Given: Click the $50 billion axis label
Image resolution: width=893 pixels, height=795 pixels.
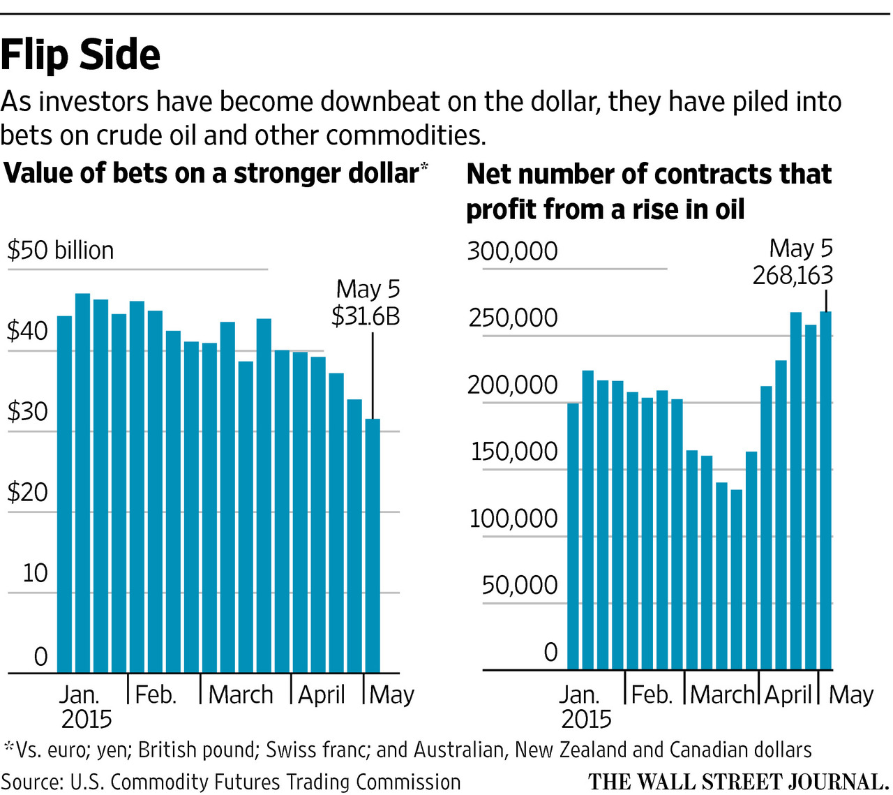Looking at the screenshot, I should coord(60,250).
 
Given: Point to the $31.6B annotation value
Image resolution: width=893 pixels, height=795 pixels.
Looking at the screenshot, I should coord(366,316).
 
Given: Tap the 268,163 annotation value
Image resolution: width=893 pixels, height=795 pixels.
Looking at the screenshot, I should coord(793,276).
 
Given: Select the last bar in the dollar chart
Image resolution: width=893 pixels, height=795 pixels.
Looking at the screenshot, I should coord(373,544).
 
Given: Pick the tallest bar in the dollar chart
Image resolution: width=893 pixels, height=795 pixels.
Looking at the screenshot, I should coord(82,482).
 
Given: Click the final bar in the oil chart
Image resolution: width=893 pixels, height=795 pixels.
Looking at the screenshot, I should coord(826,489).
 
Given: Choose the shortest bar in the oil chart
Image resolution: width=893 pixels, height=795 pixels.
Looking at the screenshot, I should coord(736,579).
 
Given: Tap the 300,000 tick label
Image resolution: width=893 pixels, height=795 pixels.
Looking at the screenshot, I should coord(513,251).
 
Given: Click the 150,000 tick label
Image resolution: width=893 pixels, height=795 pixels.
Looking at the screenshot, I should coord(514,452).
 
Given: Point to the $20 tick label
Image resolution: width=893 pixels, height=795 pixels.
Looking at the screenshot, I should coord(28,492).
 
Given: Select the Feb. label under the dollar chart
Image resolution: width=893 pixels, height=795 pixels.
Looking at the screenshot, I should coord(156,694).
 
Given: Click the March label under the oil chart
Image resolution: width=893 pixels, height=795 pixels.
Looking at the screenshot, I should coord(723,694).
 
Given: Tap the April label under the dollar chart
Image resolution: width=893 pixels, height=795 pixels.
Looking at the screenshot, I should coord(322,694).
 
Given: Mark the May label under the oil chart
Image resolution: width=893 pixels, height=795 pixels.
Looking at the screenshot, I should coord(851,694).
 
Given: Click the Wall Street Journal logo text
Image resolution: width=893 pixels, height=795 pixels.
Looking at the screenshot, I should coord(738,781).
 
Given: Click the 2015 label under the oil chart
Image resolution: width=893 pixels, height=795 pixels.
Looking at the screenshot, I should coord(586,719).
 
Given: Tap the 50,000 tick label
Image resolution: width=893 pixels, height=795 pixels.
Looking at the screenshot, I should coord(520,585).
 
